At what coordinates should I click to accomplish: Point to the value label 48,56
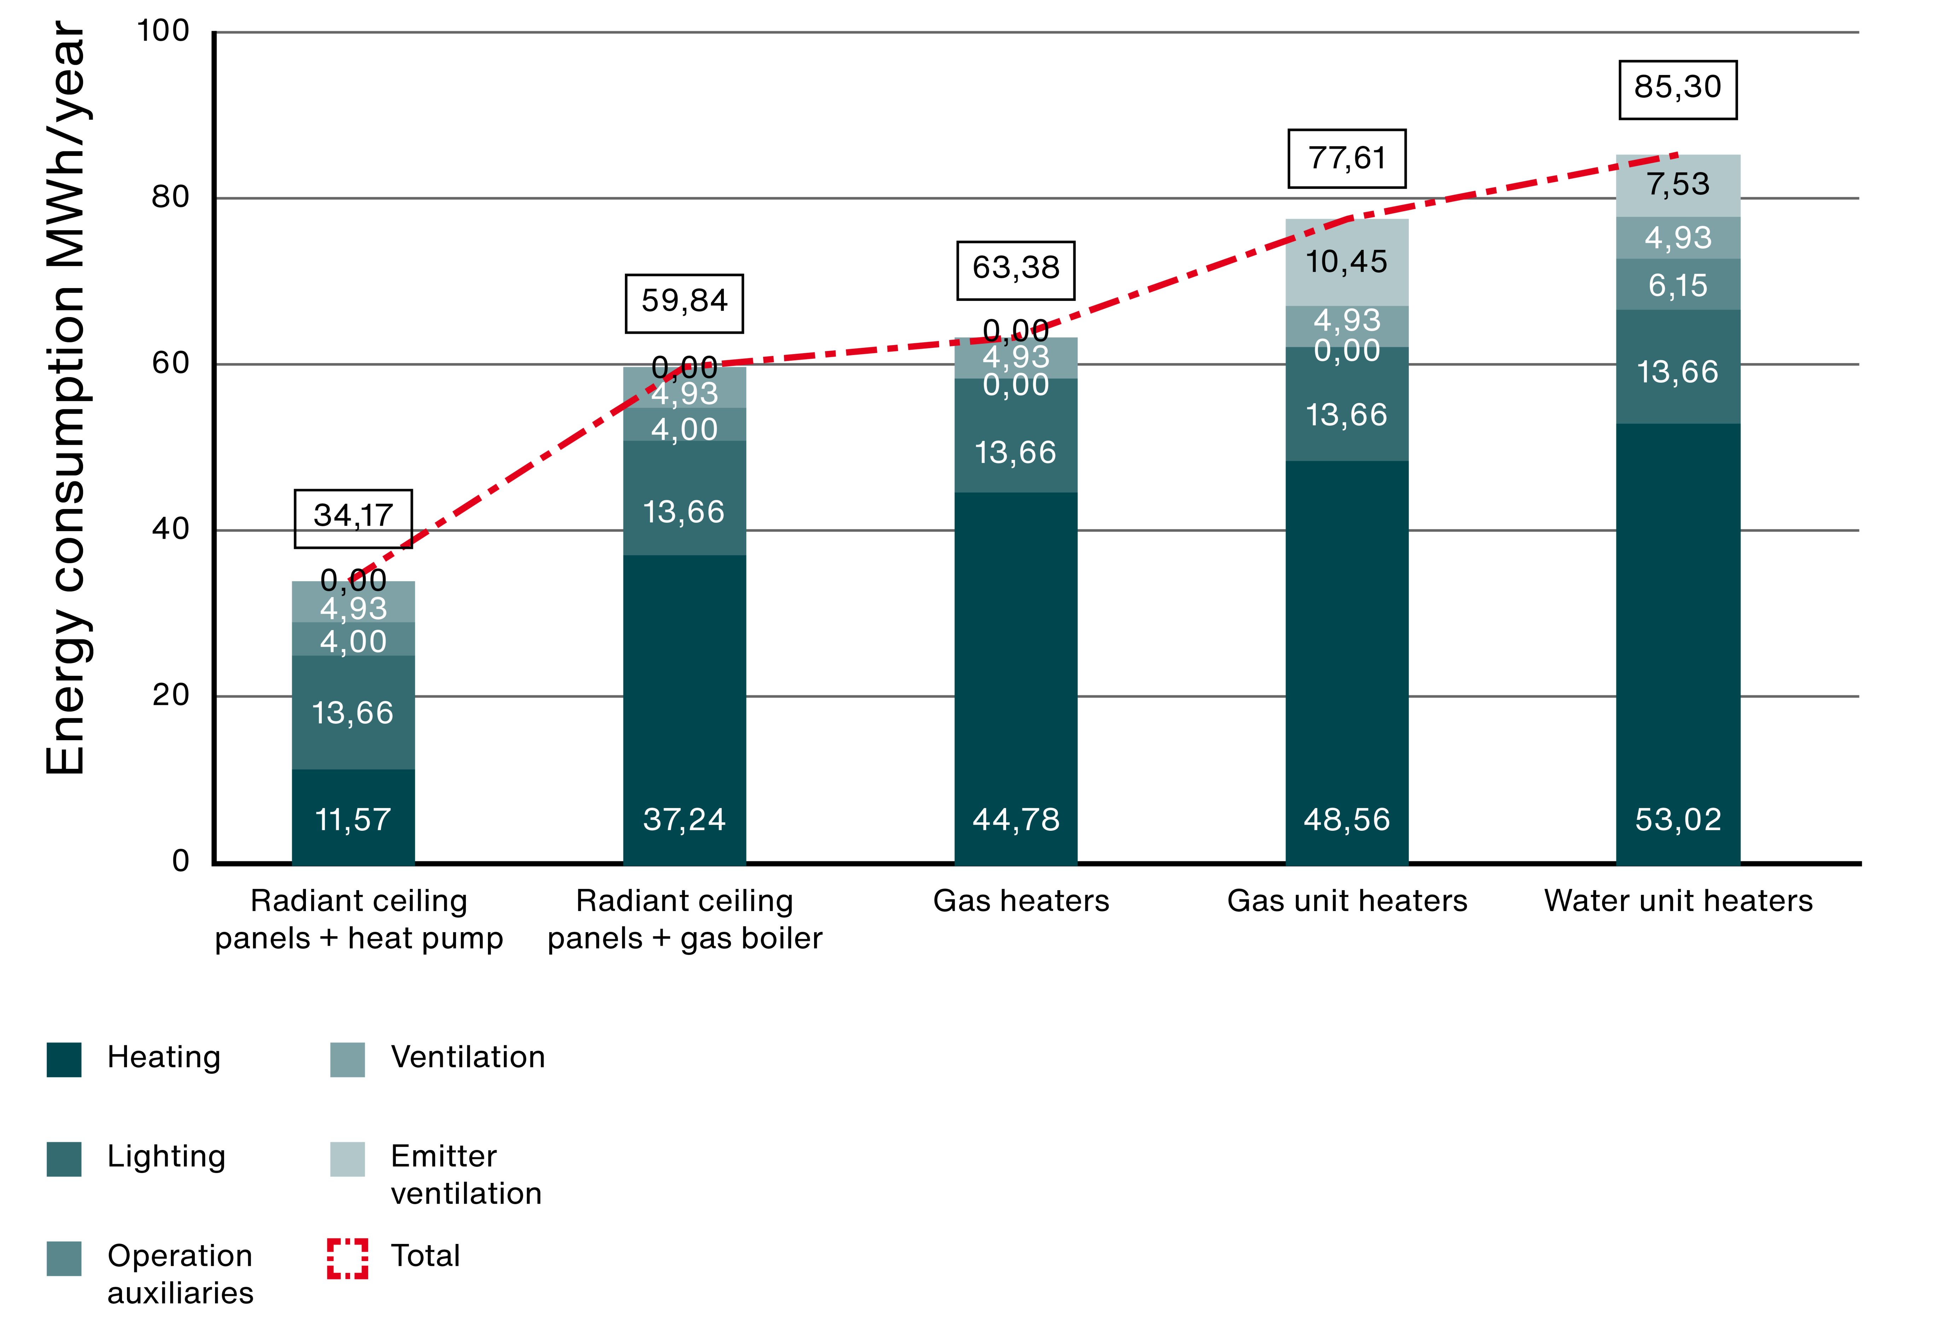1347,820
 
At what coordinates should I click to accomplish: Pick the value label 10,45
1347,262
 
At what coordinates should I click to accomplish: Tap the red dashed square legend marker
347,1258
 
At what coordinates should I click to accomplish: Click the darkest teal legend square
64,1060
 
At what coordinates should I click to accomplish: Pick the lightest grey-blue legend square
347,1159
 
